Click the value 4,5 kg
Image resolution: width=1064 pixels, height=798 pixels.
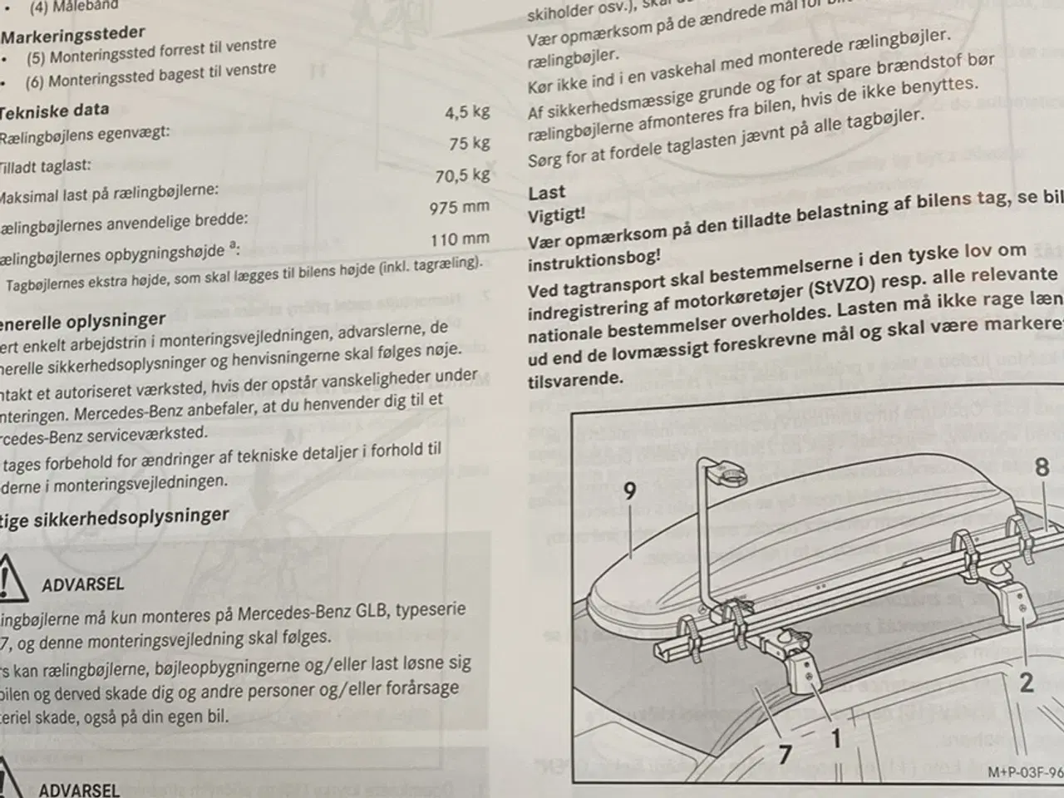tap(467, 111)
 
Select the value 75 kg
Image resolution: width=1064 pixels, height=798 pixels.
tap(469, 143)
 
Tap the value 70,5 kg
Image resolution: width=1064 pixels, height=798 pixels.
tap(462, 175)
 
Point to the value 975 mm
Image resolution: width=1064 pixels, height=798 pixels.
tap(459, 208)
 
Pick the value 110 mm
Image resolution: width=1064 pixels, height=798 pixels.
tap(460, 239)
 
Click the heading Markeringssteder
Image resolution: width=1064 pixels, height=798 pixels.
tap(72, 34)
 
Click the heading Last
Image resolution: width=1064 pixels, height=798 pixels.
tap(546, 193)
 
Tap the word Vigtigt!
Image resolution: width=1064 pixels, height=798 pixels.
tap(556, 214)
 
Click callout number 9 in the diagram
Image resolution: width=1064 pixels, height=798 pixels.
tap(629, 491)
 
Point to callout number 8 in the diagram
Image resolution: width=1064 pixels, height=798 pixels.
tap(1042, 467)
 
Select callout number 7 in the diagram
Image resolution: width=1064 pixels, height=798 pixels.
tap(785, 753)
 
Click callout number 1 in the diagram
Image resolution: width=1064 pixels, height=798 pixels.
tap(835, 738)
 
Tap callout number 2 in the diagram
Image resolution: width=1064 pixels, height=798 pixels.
tap(1027, 682)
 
